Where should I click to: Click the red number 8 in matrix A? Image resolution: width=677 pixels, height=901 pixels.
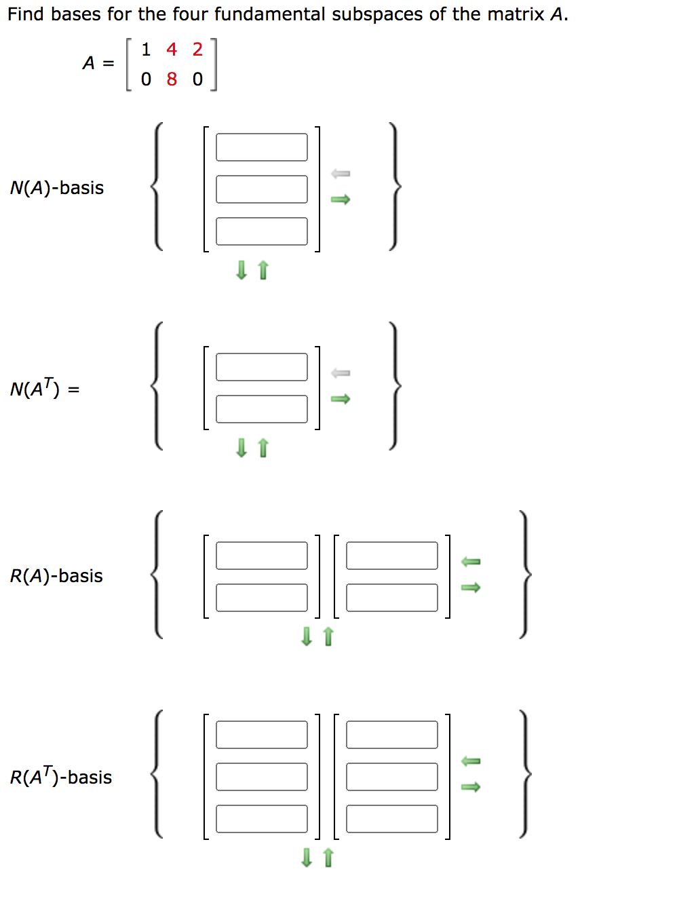[x=172, y=79]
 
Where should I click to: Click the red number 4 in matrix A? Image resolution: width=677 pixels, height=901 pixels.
[x=172, y=50]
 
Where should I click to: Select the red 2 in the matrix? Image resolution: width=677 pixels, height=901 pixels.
[x=197, y=50]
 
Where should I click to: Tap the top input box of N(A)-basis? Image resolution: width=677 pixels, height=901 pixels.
[x=261, y=147]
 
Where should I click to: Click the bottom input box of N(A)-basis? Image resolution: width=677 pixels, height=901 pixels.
[x=261, y=231]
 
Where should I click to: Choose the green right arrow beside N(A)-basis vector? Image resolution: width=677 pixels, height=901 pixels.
[x=341, y=199]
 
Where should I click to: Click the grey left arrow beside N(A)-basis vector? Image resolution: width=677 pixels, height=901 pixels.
[x=341, y=174]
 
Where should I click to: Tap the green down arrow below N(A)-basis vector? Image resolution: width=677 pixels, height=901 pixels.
[x=241, y=271]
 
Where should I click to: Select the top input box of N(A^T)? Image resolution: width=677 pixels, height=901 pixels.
[x=261, y=367]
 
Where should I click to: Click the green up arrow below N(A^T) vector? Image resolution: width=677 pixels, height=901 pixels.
[x=263, y=448]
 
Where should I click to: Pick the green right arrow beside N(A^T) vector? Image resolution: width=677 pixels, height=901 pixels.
[x=341, y=399]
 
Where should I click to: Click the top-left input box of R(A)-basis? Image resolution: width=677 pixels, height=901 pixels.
[x=261, y=556]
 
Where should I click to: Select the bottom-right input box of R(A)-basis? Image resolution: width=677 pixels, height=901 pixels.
[x=391, y=598]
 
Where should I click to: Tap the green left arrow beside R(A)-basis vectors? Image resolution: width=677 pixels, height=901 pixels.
[x=471, y=561]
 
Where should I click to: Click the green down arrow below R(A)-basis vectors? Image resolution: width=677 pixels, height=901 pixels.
[x=307, y=636]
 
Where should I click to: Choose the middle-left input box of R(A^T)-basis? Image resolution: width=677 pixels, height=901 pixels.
[x=261, y=777]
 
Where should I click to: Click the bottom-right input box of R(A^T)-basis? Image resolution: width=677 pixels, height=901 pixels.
[x=391, y=819]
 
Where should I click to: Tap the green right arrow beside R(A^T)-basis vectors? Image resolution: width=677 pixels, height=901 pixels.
[x=471, y=787]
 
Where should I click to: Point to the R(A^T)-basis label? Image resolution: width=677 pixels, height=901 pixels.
[x=61, y=777]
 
